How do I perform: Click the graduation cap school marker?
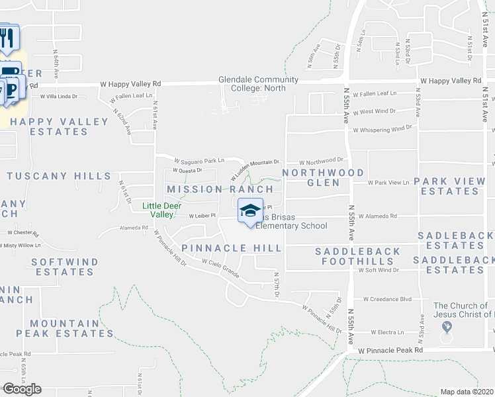[249, 211]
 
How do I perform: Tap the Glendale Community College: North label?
[258, 84]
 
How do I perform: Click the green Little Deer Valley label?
[162, 210]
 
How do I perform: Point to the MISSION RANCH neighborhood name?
[220, 189]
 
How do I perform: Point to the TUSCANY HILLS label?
[58, 176]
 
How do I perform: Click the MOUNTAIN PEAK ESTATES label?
[64, 328]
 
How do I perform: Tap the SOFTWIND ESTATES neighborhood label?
[65, 267]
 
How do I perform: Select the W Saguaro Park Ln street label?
[199, 161]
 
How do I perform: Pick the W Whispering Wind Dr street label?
[382, 129]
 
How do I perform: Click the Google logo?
[22, 389]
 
